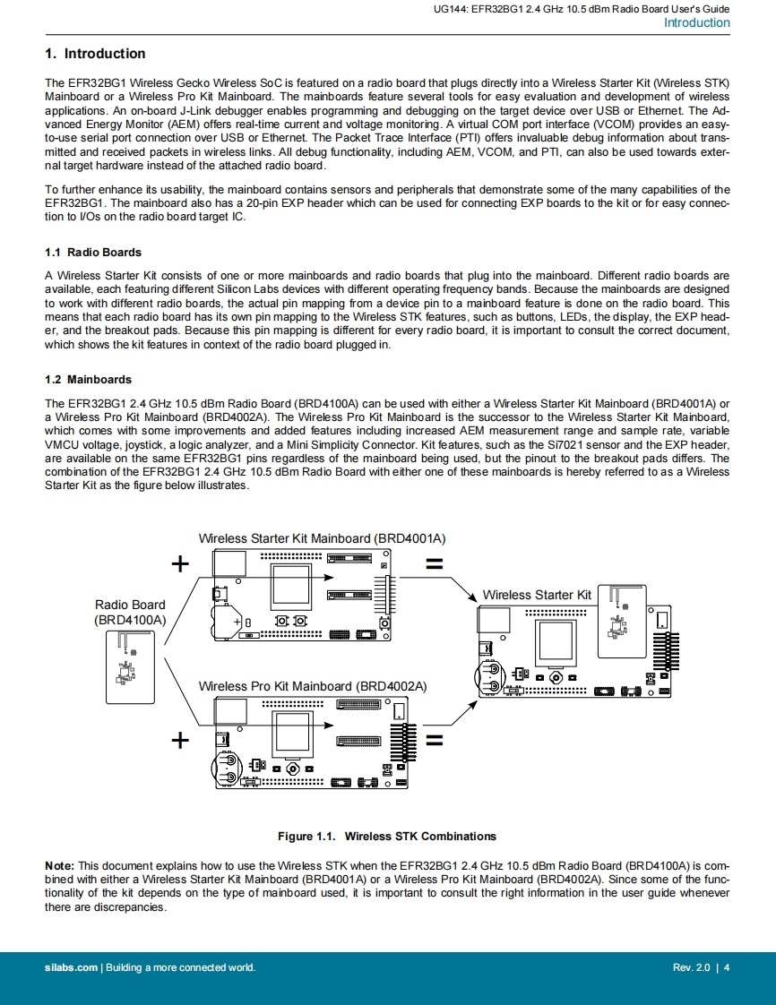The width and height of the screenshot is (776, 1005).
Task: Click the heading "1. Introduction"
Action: point(95,54)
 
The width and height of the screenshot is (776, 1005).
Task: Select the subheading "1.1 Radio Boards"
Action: point(93,253)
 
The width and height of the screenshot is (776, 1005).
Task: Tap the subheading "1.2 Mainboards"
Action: point(88,380)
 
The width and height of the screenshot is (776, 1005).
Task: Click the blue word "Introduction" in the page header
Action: point(696,23)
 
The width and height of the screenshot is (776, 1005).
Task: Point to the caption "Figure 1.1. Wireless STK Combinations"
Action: point(387,837)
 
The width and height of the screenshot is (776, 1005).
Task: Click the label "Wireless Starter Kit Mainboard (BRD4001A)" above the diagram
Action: point(322,538)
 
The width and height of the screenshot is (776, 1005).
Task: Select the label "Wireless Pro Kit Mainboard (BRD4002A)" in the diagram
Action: point(312,686)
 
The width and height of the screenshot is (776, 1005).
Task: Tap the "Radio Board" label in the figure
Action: point(130,605)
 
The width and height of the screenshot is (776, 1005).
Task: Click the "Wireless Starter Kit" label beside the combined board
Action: point(537,595)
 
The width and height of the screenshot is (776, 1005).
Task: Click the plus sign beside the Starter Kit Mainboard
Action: point(181,563)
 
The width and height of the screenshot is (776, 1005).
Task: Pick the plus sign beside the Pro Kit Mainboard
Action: point(181,740)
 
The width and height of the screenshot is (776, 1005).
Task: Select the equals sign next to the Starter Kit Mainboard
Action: point(435,564)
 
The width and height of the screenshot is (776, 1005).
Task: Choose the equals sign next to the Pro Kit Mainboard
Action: point(435,741)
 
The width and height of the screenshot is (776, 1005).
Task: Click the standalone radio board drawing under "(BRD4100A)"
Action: point(130,667)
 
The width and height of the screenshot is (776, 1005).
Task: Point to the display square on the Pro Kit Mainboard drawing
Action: point(291,732)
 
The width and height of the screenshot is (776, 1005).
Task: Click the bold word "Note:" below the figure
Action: point(59,865)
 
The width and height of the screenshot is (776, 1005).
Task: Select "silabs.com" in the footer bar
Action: point(72,967)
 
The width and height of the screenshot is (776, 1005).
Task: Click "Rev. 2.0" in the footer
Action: point(691,967)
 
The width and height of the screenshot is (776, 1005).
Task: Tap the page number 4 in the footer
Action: point(727,967)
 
